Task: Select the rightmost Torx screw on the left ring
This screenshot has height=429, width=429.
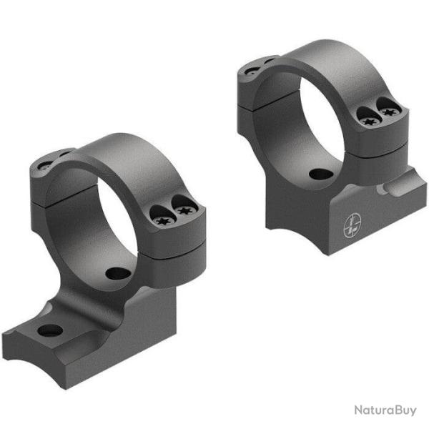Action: pyautogui.click(x=187, y=211)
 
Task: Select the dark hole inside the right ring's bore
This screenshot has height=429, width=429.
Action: pyautogui.click(x=315, y=174)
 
